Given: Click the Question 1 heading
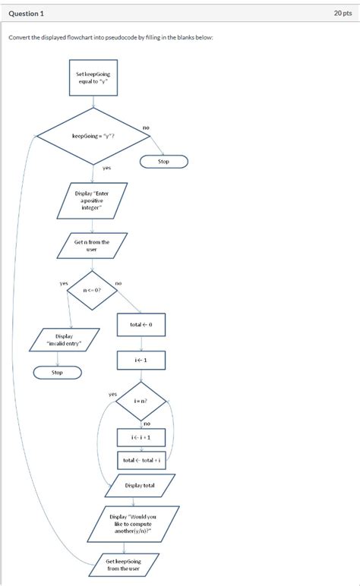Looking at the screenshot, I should (x=27, y=14).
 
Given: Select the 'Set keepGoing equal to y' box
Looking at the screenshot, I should (x=93, y=78).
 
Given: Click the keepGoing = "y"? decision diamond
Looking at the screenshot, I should (x=93, y=136).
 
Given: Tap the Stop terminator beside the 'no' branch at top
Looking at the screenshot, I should (x=163, y=162).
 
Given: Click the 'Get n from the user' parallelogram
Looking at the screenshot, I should (x=92, y=245).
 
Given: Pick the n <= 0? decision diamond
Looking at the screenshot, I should (x=93, y=289).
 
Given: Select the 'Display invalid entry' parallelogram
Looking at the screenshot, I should (x=65, y=339).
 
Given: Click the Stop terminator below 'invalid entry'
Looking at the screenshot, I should (x=57, y=373).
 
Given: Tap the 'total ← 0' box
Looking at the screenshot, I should (x=141, y=324).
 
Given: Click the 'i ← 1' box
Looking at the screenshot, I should (x=141, y=360).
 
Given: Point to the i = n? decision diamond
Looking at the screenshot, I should (x=141, y=401).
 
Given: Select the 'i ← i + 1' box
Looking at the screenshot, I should (x=141, y=437).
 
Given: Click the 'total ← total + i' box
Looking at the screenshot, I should (x=141, y=460).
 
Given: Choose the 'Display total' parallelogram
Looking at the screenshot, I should (x=140, y=485).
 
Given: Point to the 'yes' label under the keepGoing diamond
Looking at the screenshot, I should (x=106, y=168).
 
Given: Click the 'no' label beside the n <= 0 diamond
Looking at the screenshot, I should (x=118, y=283).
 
